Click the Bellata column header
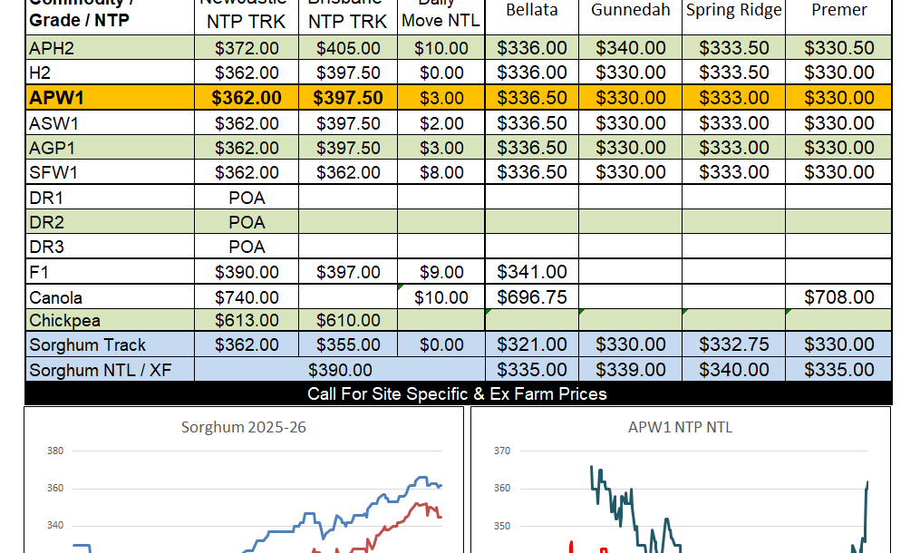[x=532, y=10]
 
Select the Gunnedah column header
[x=631, y=10]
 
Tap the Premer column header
[x=838, y=10]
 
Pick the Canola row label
[x=56, y=297]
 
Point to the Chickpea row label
[x=65, y=320]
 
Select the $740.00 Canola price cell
[x=247, y=297]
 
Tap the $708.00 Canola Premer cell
[x=838, y=297]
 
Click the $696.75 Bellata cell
[x=532, y=297]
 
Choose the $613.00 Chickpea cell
[x=247, y=320]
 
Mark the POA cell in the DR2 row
[x=247, y=222]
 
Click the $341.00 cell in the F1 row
[x=532, y=271]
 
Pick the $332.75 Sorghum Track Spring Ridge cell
[x=733, y=344]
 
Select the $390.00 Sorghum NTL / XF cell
[x=340, y=370]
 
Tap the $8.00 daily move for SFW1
[x=441, y=172]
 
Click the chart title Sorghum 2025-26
[x=244, y=427]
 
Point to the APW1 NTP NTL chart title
[x=680, y=427]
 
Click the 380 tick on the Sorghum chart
[x=55, y=451]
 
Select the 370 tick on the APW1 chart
[x=501, y=451]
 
